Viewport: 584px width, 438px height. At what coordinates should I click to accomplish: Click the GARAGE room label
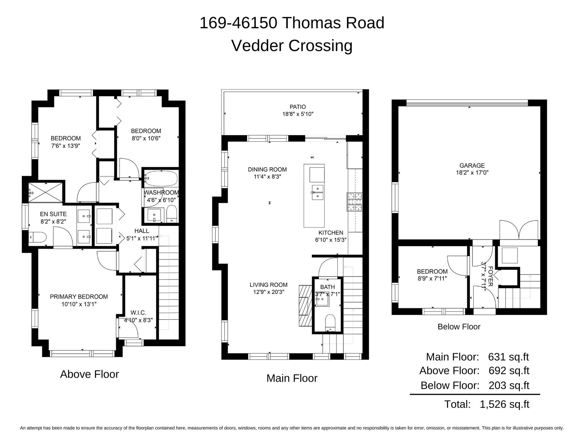coord(472,165)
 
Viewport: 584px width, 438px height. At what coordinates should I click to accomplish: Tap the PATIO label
coord(298,107)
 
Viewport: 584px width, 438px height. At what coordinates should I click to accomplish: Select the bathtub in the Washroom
coord(161,179)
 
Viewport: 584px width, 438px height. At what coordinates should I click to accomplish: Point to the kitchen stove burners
coord(355,202)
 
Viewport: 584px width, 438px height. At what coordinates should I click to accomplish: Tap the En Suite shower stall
coord(46,193)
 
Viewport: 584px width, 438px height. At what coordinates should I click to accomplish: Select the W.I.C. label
coord(138,312)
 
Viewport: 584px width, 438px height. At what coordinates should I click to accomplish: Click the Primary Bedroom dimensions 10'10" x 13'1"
coord(79,304)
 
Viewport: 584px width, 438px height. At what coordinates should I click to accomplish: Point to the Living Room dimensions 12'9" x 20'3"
coord(269,292)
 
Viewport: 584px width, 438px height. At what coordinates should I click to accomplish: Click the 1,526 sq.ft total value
coord(505,404)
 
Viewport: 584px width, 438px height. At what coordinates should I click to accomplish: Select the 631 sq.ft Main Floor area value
coord(509,357)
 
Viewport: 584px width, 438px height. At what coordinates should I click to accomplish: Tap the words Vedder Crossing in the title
coord(292,46)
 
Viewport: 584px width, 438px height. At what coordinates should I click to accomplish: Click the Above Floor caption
coord(89,374)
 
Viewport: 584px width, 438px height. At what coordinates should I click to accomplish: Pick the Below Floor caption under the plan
coord(459,327)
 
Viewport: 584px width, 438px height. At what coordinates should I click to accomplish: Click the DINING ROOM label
coord(267,169)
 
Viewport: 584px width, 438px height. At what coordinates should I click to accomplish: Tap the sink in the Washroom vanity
coord(154,216)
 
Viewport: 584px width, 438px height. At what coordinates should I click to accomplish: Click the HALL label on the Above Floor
coord(142,231)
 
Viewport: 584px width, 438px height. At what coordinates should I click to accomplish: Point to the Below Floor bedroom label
coord(432,271)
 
